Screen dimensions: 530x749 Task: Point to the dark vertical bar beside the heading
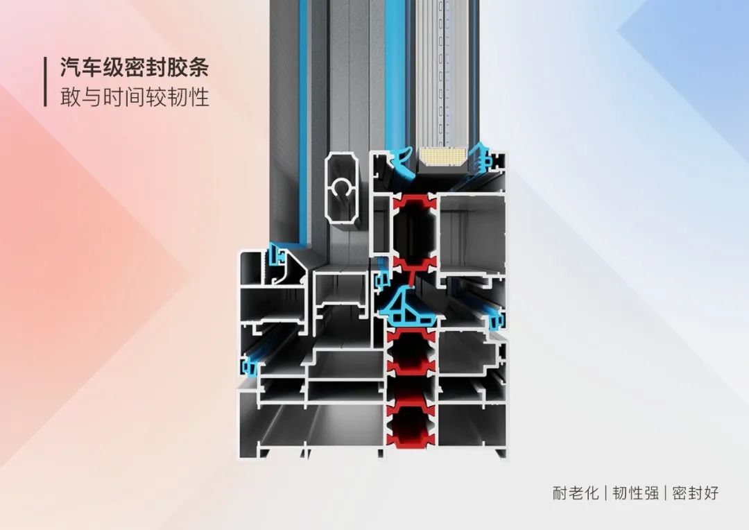(45, 82)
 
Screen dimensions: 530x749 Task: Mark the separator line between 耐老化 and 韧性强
(605, 493)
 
